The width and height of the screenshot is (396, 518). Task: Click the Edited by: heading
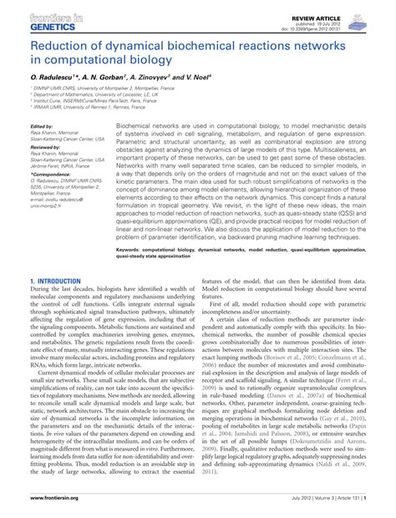point(42,127)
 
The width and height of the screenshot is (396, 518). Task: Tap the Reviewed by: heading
point(45,147)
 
